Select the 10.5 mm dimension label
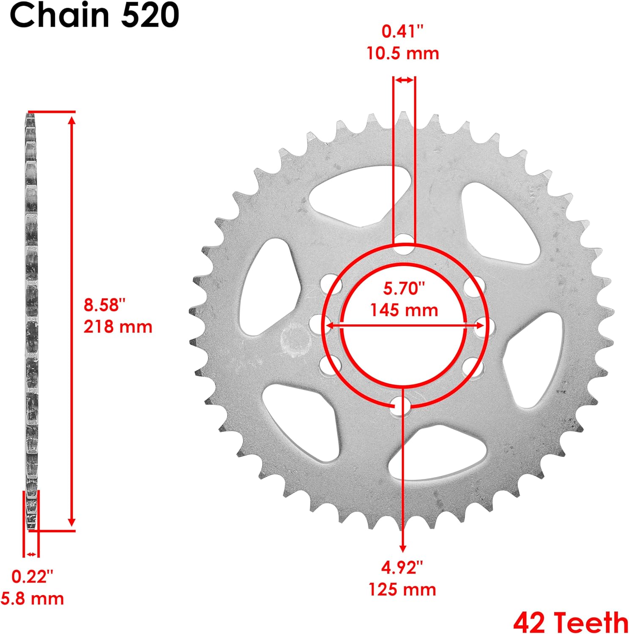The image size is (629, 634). [402, 54]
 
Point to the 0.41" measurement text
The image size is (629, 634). [402, 31]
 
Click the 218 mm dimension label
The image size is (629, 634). [118, 327]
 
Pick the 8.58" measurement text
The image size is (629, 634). [105, 304]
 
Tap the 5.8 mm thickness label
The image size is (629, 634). [32, 599]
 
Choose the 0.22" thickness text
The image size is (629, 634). [32, 577]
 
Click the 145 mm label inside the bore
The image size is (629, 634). [404, 310]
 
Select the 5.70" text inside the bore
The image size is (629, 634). [404, 288]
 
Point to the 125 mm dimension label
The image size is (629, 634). [402, 589]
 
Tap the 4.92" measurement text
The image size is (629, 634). [402, 567]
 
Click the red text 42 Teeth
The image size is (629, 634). [571, 623]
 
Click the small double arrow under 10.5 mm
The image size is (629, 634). [404, 80]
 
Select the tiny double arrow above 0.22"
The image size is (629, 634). [31, 554]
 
